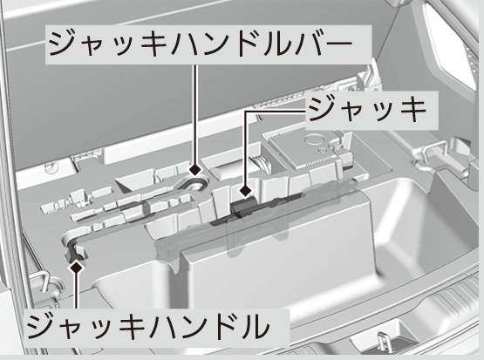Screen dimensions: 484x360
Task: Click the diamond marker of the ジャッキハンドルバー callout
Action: pos(195,169)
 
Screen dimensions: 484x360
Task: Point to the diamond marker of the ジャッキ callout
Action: pos(245,191)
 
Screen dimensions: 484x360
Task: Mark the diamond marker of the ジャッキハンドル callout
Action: pos(76,267)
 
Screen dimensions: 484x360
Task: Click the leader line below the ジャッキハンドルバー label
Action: pos(194,113)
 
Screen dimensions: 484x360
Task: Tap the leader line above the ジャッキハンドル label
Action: pos(76,291)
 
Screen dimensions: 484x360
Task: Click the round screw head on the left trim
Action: pos(51,167)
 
